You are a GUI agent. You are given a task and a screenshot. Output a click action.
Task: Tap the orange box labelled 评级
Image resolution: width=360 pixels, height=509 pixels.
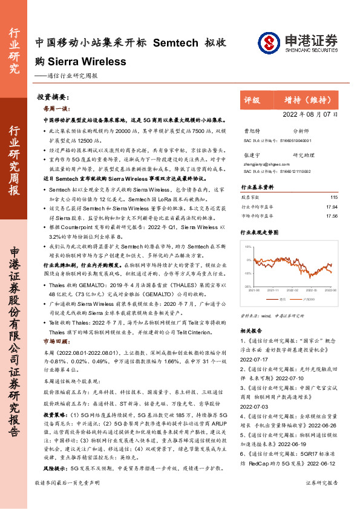click(x=252, y=100)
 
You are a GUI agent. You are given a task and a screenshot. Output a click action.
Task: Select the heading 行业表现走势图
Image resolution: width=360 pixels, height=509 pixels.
click(x=260, y=232)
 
